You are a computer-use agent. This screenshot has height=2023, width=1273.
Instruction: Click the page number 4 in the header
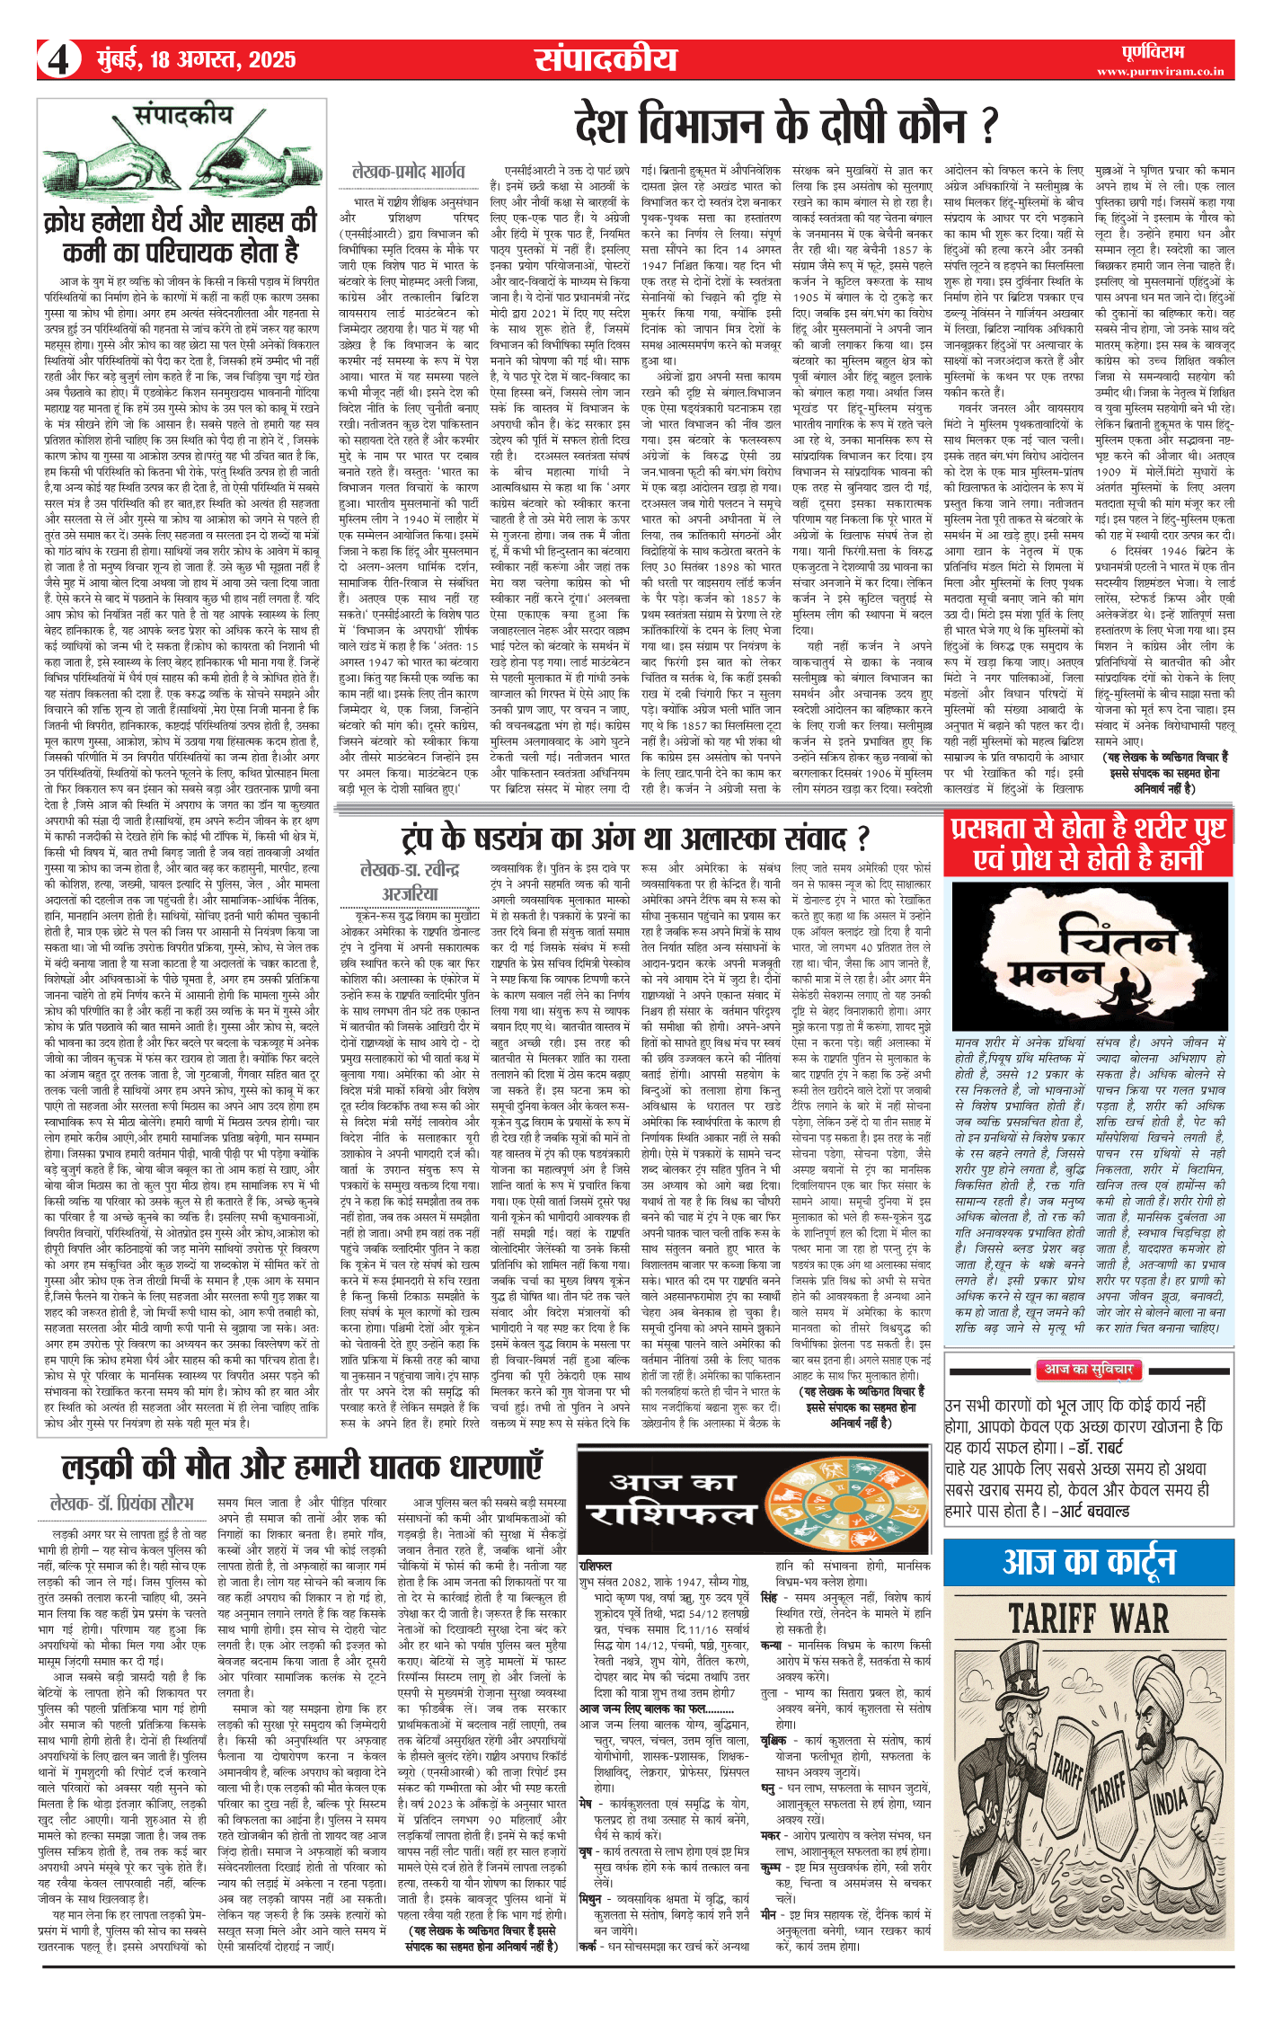pos(57,60)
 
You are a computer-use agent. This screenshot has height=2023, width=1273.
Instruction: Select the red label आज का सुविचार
pos(1089,1370)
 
